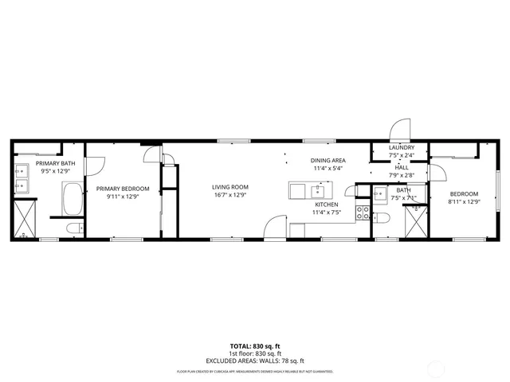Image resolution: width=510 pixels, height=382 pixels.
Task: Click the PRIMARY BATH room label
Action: coord(55,162)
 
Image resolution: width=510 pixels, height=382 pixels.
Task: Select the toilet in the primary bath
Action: coord(73,228)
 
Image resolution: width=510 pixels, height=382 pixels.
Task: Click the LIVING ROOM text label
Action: coord(229,187)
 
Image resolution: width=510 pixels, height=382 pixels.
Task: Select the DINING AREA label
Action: coord(328,160)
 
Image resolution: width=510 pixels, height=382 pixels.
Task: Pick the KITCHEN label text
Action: coord(328,204)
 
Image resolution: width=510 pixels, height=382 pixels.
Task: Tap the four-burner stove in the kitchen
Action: coord(363,212)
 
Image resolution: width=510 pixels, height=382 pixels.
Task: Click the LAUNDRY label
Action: coord(401,148)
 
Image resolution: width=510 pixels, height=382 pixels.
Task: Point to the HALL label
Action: coord(401,167)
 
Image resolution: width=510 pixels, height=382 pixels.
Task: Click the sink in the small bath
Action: coord(381,197)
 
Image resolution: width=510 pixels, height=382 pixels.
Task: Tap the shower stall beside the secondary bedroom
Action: coord(415,220)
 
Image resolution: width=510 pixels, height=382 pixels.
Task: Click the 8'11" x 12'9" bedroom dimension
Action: coord(464,202)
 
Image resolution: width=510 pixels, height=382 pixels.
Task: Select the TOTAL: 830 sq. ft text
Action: coord(254,345)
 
